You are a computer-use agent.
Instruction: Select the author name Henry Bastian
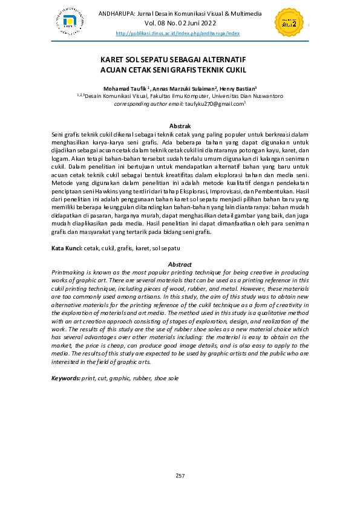point(237,87)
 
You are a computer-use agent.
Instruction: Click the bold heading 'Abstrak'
point(180,125)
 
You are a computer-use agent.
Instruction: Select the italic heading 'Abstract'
point(179,264)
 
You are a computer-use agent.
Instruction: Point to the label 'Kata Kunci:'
point(67,248)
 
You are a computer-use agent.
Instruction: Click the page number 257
point(180,476)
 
